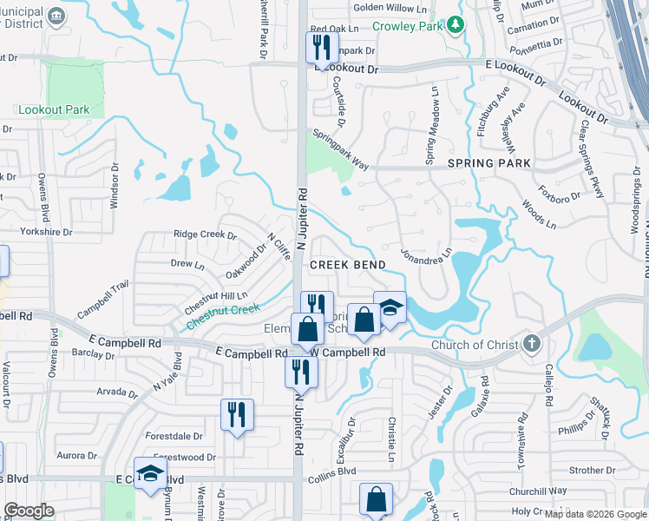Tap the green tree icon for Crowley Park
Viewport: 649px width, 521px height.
(x=454, y=26)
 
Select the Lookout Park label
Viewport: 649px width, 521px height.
(x=54, y=110)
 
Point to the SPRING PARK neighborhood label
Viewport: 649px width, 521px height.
(x=489, y=163)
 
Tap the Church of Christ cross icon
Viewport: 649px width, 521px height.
(x=531, y=346)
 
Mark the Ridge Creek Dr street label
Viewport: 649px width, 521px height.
(x=205, y=234)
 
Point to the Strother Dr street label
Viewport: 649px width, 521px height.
(x=593, y=471)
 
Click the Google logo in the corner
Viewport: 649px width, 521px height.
(x=29, y=511)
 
